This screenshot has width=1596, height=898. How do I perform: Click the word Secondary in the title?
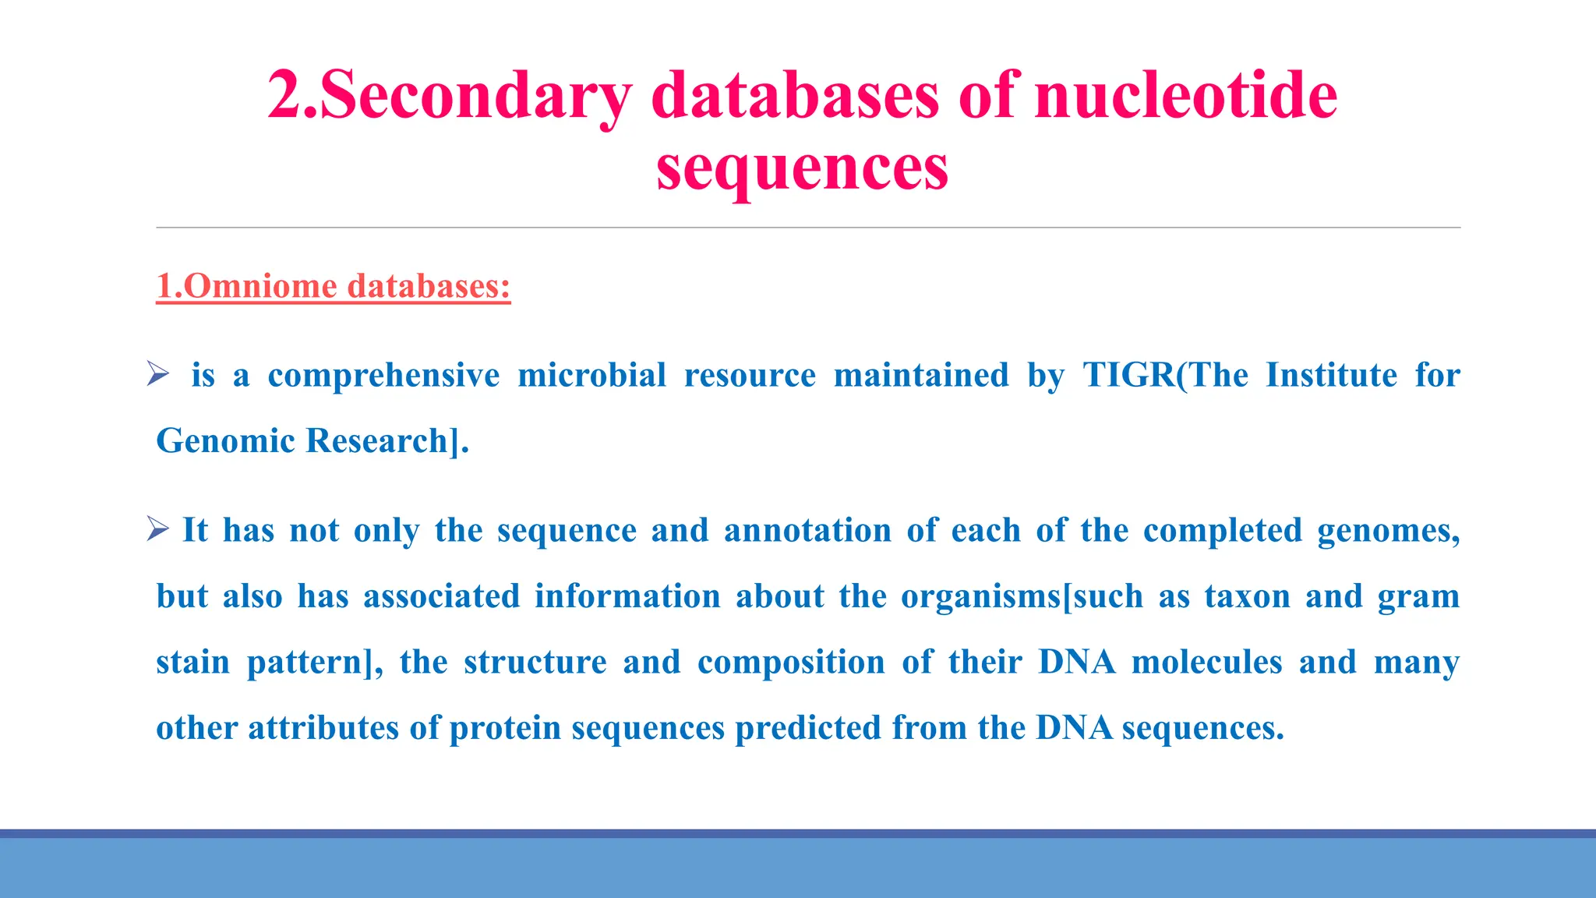coord(475,96)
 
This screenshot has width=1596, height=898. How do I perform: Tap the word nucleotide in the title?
coord(1185,96)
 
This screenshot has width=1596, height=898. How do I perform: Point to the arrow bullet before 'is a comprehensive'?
coord(157,374)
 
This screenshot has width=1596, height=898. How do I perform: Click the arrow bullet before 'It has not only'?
coord(157,530)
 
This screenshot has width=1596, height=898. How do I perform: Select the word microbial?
coord(591,375)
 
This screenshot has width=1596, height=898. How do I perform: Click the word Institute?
coord(1331,375)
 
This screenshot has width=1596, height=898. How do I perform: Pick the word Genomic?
coord(226,441)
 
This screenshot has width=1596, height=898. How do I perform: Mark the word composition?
coord(791,663)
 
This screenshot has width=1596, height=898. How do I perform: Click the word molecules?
coord(1206,663)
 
